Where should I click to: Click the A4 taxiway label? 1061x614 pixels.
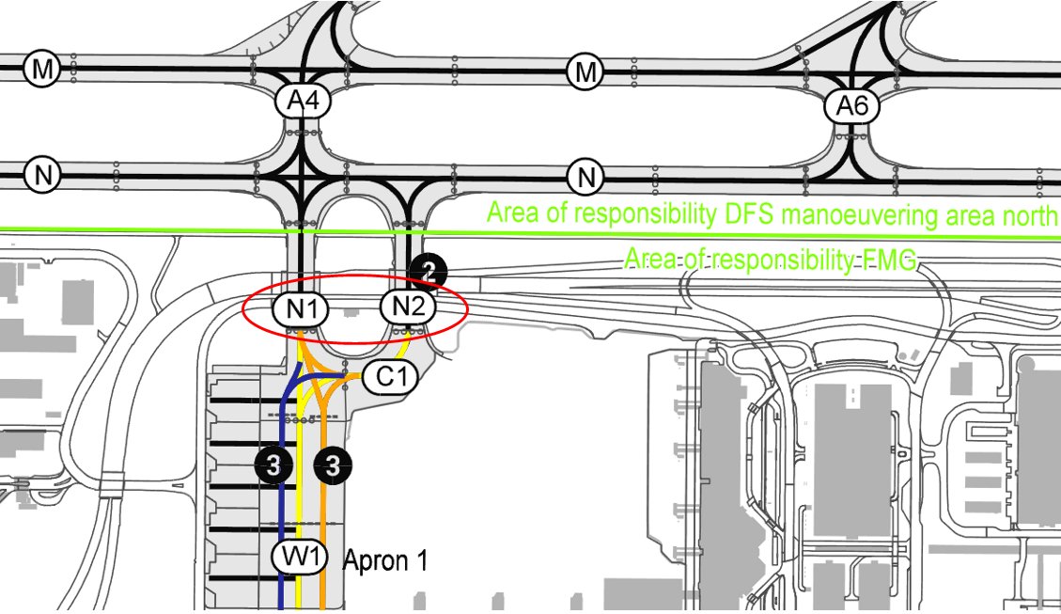304,102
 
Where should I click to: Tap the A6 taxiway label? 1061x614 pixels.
852,106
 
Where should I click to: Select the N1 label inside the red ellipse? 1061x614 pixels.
301,309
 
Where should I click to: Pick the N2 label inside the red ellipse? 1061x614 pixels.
408,307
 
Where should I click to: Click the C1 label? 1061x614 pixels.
390,376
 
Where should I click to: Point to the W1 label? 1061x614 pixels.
300,557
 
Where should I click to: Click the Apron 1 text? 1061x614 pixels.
385,560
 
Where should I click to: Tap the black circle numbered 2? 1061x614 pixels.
428,273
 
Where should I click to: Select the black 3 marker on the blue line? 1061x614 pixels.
273,465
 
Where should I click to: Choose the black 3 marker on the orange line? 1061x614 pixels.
333,465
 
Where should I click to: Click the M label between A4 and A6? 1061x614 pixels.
585,71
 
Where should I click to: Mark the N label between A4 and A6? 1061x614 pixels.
585,177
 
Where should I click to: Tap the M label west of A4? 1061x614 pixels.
42,69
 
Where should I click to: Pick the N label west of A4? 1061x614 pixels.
42,175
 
